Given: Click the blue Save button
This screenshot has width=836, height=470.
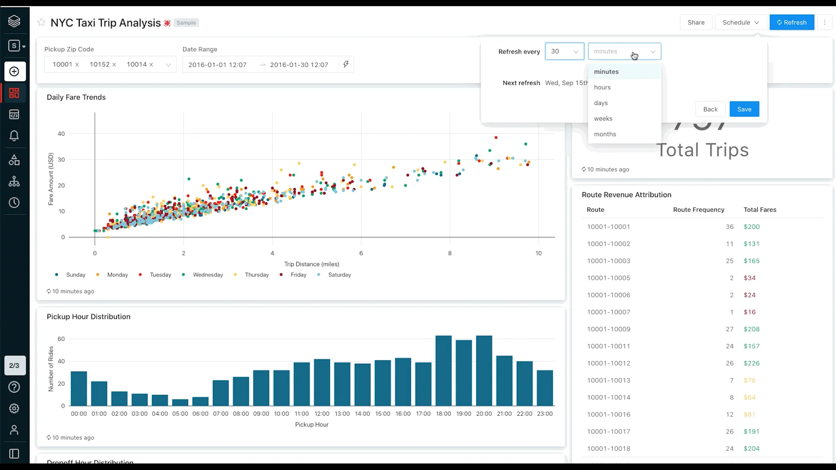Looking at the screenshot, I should tap(744, 109).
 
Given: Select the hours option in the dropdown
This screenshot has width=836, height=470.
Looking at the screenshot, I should tap(602, 87).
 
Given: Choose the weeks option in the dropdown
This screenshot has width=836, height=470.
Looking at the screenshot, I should tap(603, 119).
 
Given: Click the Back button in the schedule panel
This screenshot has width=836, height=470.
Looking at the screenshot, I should tap(710, 109).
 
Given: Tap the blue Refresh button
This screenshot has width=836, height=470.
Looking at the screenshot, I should tap(792, 23).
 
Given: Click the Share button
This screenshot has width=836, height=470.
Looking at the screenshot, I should tap(696, 23).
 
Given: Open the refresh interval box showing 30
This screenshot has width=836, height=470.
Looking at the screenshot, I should tap(564, 51).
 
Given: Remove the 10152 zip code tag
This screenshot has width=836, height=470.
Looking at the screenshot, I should tap(114, 65).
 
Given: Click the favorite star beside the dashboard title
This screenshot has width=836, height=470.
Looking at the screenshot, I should tap(41, 23).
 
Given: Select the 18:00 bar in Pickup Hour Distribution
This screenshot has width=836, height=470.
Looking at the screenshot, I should tap(443, 371).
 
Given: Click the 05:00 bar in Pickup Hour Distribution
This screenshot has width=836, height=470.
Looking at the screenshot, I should tap(180, 403).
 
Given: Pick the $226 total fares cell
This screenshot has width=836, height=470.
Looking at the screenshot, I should tap(752, 363).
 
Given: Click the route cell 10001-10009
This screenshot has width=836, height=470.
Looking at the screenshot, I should tap(608, 329).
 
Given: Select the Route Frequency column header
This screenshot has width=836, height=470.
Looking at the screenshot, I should tap(698, 210).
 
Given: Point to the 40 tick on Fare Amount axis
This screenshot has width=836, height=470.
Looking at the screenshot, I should tap(61, 134).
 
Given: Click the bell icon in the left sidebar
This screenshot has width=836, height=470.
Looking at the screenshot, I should tap(14, 136).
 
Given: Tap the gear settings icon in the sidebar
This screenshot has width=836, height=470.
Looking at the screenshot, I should tap(14, 409).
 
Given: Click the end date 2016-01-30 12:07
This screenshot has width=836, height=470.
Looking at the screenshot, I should tap(299, 65).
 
